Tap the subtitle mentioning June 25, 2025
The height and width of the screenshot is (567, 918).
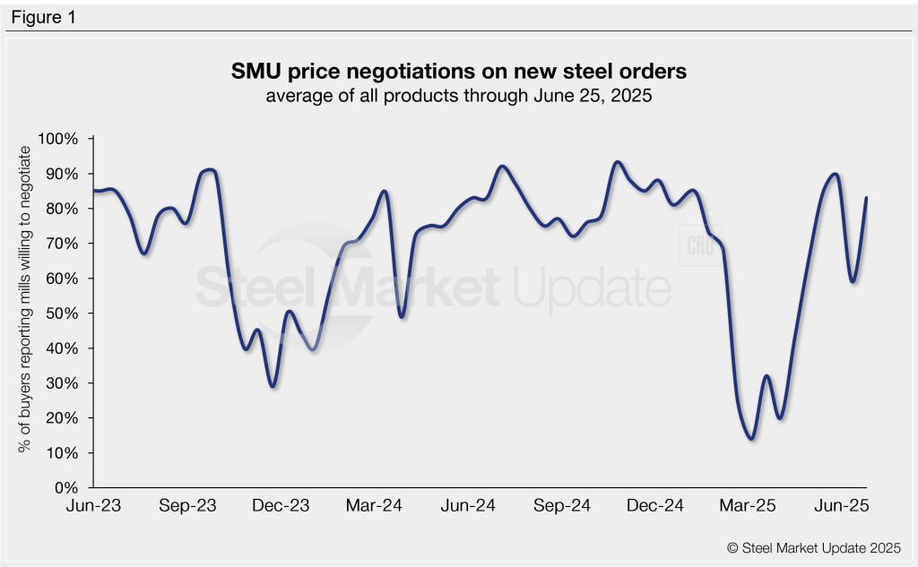[x=459, y=96]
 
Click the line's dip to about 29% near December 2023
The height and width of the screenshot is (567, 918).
[x=273, y=386]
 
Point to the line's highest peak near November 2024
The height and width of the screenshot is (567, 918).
[x=617, y=162]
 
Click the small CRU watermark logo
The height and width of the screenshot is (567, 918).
[x=698, y=247]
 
